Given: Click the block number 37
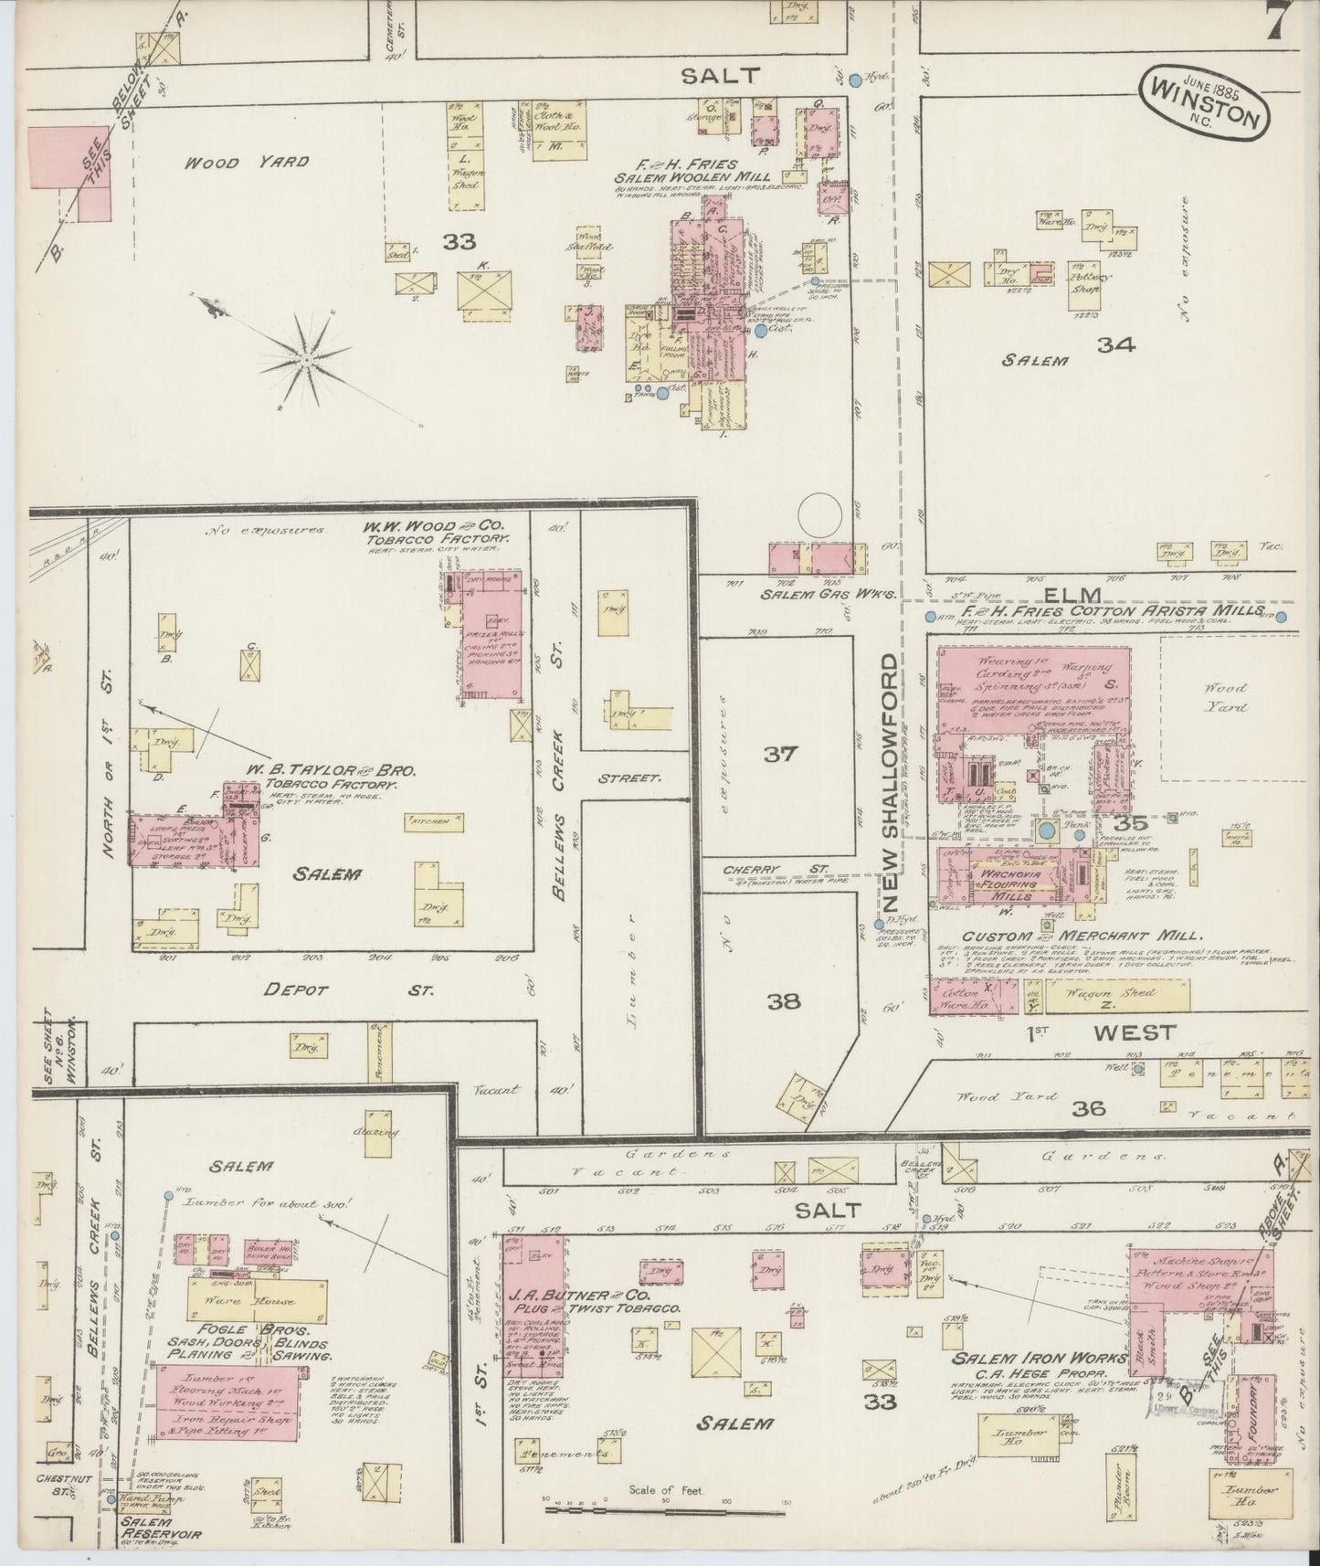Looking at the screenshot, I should (781, 755).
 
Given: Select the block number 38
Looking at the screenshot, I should (784, 1001).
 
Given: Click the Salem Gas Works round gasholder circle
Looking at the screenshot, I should (819, 516).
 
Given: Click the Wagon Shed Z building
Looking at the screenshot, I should (1116, 996).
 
